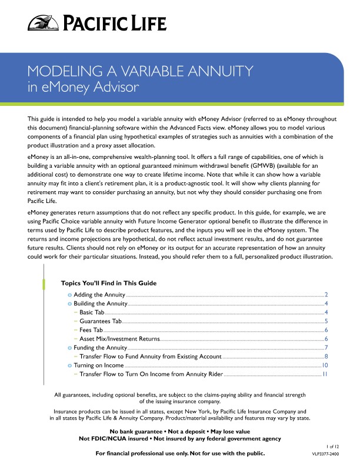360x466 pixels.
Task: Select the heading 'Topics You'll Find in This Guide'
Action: (109, 282)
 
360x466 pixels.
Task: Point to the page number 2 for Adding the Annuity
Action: (325, 294)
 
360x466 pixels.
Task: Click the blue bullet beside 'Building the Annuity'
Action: (69, 303)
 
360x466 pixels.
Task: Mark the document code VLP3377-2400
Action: (325, 455)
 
